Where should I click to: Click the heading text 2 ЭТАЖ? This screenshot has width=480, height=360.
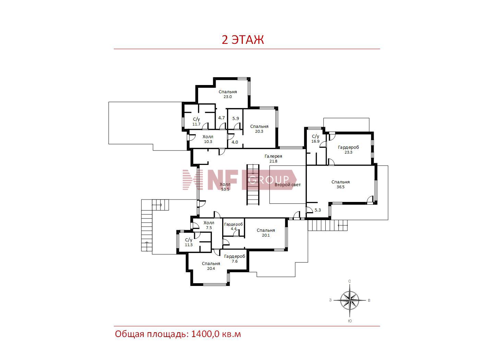point(243,39)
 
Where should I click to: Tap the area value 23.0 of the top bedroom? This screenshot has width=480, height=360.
point(228,97)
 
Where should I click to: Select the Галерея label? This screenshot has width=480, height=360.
point(273,156)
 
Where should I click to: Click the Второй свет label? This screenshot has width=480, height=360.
point(288,185)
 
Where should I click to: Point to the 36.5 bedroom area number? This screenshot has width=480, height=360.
point(340,187)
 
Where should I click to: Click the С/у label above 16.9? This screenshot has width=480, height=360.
point(315,136)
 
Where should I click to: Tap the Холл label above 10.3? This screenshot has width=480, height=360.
point(208,137)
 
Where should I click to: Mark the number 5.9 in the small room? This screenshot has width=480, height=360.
point(236,119)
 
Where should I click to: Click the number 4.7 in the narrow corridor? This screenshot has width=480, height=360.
point(221,118)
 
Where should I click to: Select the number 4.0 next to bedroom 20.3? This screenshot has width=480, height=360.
point(235,142)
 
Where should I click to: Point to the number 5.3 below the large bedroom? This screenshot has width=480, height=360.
point(317,210)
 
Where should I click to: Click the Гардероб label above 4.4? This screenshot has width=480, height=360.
point(233,224)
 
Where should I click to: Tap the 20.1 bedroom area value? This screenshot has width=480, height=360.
point(266,235)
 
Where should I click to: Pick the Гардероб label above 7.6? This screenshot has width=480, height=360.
point(235,256)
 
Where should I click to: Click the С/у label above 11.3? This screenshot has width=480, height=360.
point(189,240)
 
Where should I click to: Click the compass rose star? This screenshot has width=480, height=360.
point(349,300)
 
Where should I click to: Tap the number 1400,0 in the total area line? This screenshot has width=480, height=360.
point(205,334)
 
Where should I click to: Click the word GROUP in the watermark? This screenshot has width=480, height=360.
point(269,180)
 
